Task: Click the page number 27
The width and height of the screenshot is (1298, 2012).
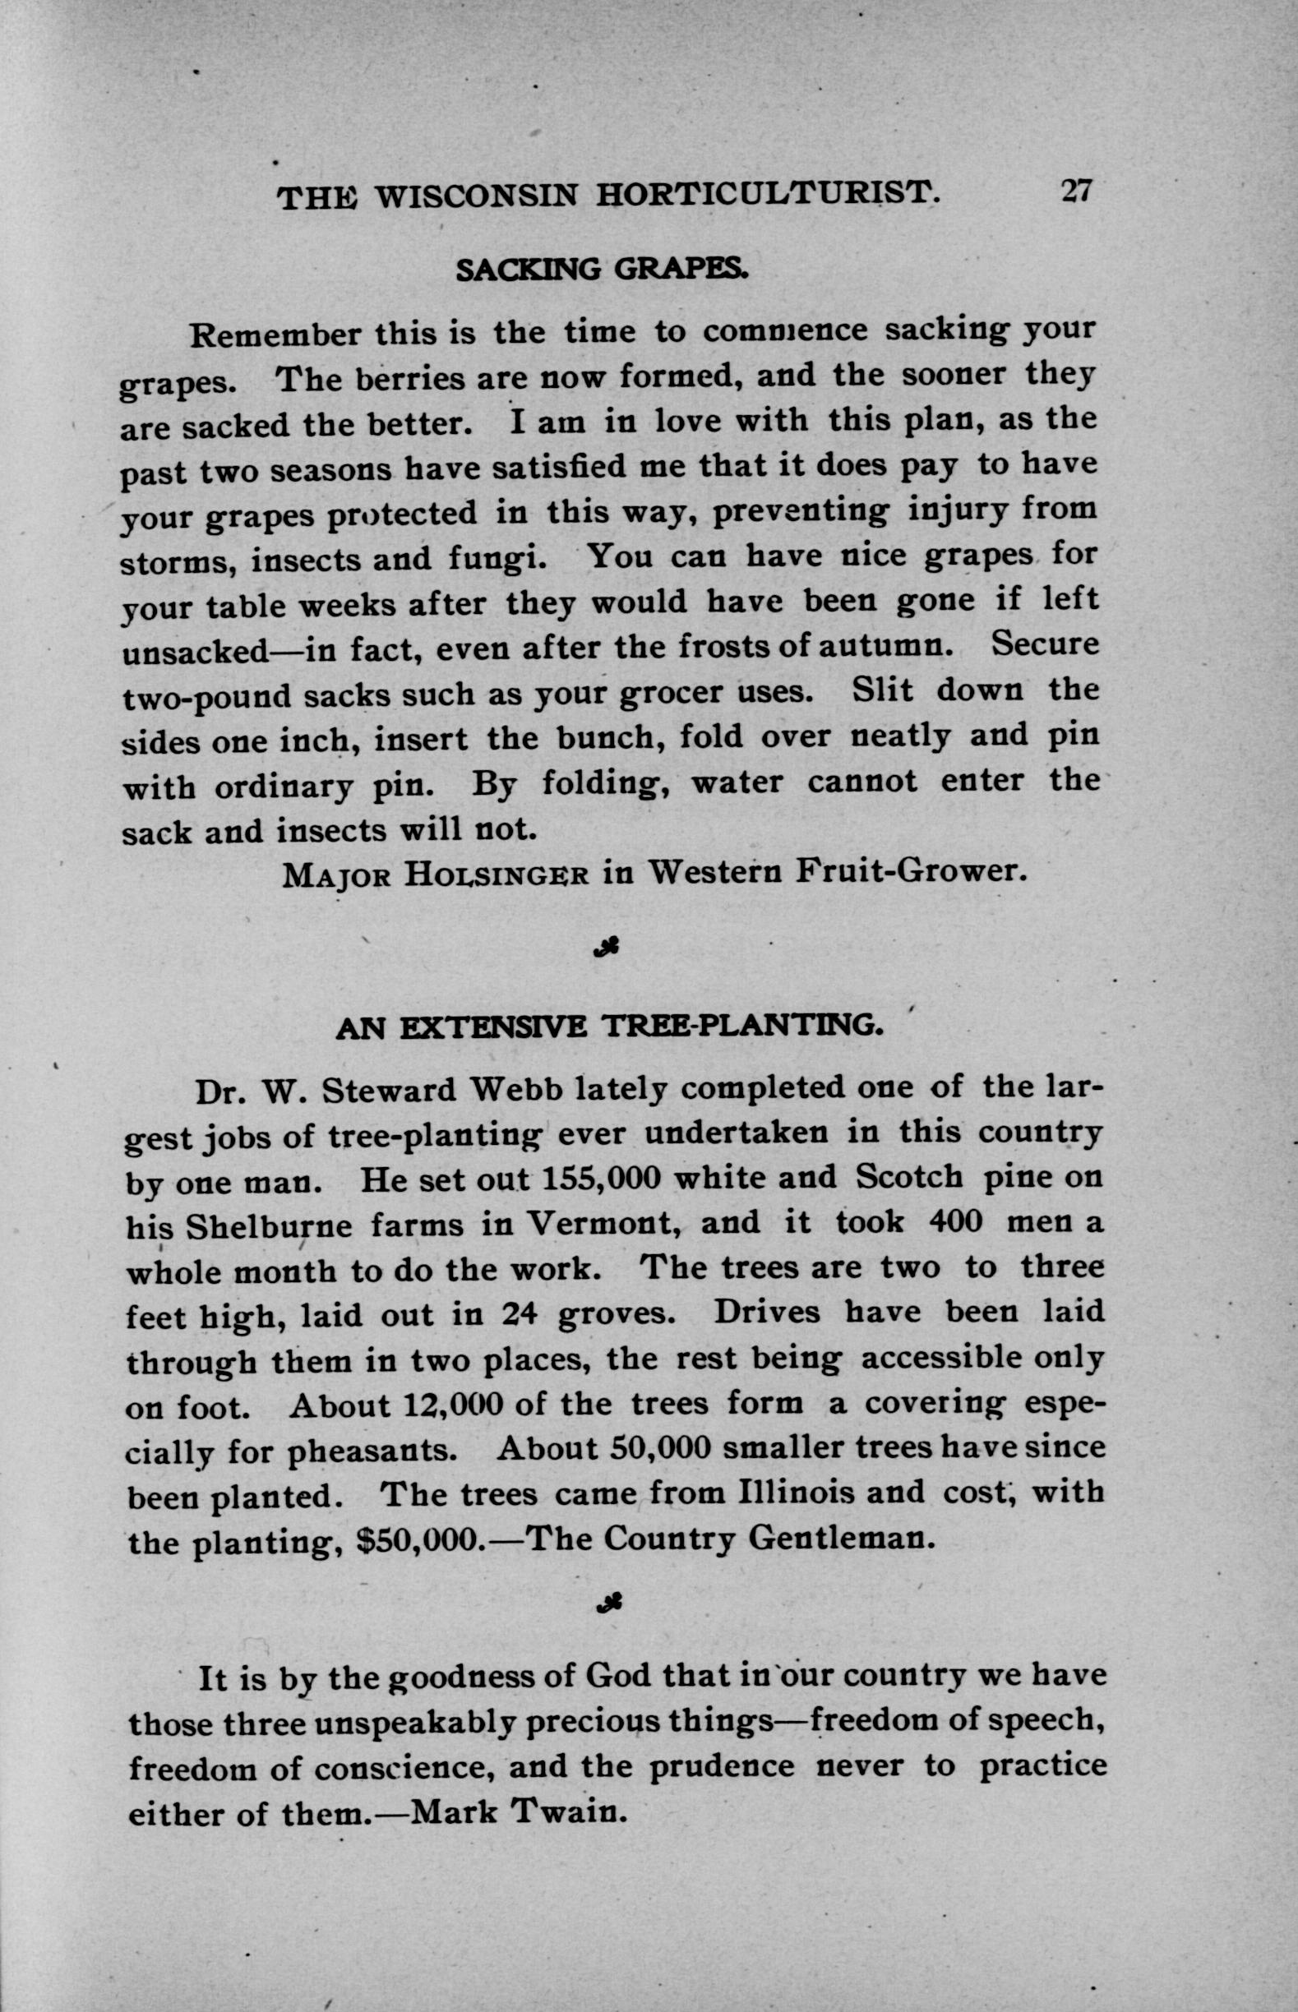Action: [1076, 192]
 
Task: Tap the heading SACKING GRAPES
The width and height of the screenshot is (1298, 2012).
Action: [601, 270]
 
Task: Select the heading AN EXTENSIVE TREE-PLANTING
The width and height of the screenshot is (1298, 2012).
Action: [609, 1027]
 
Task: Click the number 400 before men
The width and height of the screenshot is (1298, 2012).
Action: [955, 1221]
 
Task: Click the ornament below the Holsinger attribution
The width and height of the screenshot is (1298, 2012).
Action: [607, 948]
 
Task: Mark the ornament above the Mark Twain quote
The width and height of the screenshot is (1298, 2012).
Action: [607, 1605]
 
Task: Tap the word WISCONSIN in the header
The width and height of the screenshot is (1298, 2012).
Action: [476, 197]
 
